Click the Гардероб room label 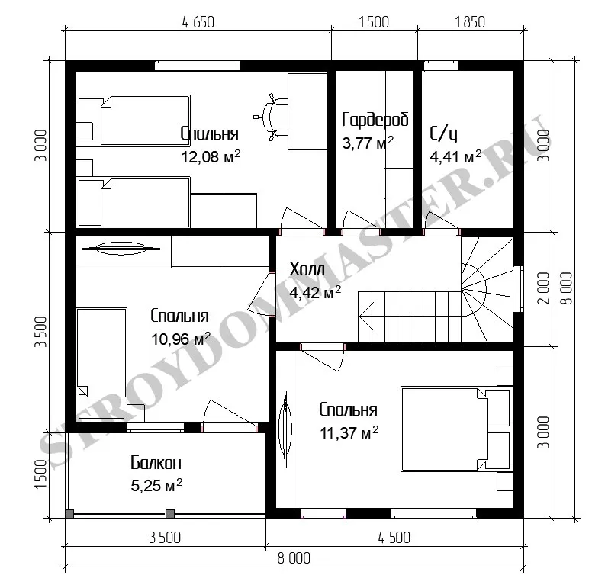click(375, 120)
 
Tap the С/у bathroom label click(443, 134)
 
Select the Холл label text click(307, 269)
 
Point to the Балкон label click(156, 463)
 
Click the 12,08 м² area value click(211, 156)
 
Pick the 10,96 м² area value click(181, 339)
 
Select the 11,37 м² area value click(349, 432)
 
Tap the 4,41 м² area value click(455, 156)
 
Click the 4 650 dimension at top click(198, 22)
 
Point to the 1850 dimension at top click(470, 22)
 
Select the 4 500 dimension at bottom click(394, 538)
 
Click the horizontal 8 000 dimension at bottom click(294, 558)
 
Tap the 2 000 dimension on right click(544, 288)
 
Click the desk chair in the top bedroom click(271, 117)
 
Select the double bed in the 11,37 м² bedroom click(456, 429)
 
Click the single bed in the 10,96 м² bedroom click(101, 363)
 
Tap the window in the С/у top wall click(441, 66)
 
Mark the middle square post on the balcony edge click(170, 513)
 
